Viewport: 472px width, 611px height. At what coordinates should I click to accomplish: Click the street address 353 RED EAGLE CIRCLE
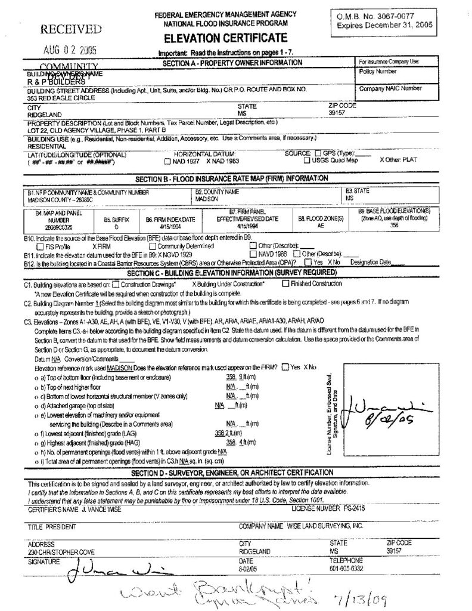click(x=57, y=96)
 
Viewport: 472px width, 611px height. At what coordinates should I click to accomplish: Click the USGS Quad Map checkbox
click(x=307, y=161)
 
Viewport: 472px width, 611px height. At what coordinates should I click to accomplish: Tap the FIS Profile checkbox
click(x=40, y=245)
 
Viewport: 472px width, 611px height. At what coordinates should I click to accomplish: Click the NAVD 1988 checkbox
click(x=253, y=253)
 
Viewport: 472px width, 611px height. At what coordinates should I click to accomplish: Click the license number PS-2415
click(x=349, y=508)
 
